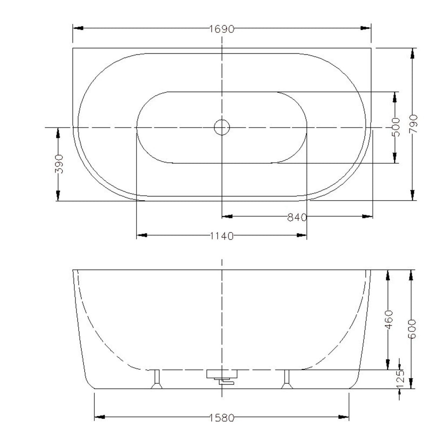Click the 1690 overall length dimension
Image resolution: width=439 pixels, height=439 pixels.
pos(221,29)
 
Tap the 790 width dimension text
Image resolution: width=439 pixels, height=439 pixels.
pos(413,123)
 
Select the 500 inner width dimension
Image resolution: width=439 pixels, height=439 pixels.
pos(396,127)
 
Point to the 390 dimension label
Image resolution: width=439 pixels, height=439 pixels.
pos(59,163)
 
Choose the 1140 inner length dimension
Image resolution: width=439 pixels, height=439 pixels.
pos(221,236)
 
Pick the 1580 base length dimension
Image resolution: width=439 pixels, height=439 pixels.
pos(221,418)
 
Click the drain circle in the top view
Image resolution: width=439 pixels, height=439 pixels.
pos(222,127)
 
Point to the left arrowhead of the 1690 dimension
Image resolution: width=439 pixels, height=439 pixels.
pos(77,29)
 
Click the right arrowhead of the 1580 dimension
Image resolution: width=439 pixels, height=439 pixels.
pos(344,417)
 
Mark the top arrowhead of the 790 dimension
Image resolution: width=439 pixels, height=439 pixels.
pos(412,53)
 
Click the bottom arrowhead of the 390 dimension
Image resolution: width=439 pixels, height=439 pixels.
pos(58,196)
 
